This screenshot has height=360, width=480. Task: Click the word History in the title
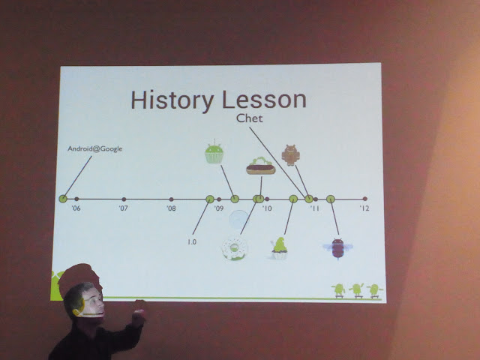(172, 100)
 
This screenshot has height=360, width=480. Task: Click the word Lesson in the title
(264, 100)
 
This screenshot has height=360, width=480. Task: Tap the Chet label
(250, 118)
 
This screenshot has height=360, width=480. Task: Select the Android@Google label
(95, 148)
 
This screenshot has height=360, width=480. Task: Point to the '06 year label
(76, 208)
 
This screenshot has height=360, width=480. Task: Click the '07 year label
(123, 208)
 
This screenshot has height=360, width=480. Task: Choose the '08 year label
(171, 208)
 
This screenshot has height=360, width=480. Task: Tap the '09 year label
(218, 208)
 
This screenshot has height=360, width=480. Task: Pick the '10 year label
(267, 208)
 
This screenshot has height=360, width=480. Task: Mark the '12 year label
(364, 208)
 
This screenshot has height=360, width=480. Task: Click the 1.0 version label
(192, 241)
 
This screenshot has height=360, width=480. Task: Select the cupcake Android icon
(214, 151)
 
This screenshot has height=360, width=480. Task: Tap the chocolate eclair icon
(261, 166)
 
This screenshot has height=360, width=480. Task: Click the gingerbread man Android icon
(290, 155)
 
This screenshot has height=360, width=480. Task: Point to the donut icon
(235, 248)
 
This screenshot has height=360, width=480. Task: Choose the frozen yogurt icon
(279, 248)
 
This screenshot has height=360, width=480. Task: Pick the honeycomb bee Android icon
(337, 248)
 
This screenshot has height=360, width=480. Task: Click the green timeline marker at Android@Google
(63, 199)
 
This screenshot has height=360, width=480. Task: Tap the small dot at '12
(365, 199)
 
